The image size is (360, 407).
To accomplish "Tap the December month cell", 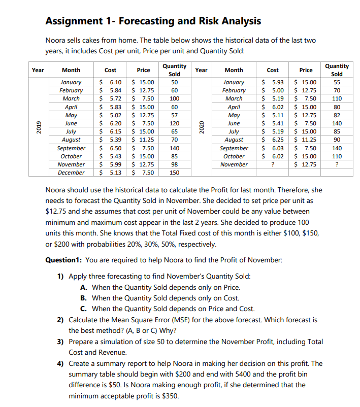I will [71, 173].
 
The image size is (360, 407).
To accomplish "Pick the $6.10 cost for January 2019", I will [110, 82].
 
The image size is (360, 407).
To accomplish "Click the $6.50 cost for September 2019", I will [110, 148].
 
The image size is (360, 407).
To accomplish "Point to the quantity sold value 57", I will [174, 115].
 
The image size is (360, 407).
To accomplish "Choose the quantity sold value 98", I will [174, 164].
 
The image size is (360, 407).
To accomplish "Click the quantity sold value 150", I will [174, 173].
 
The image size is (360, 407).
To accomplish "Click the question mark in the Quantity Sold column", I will [337, 164].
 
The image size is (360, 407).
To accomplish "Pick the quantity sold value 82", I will [337, 115].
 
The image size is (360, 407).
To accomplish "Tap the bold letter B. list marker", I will [83, 298].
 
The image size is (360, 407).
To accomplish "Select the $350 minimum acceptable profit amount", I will [170, 396].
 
